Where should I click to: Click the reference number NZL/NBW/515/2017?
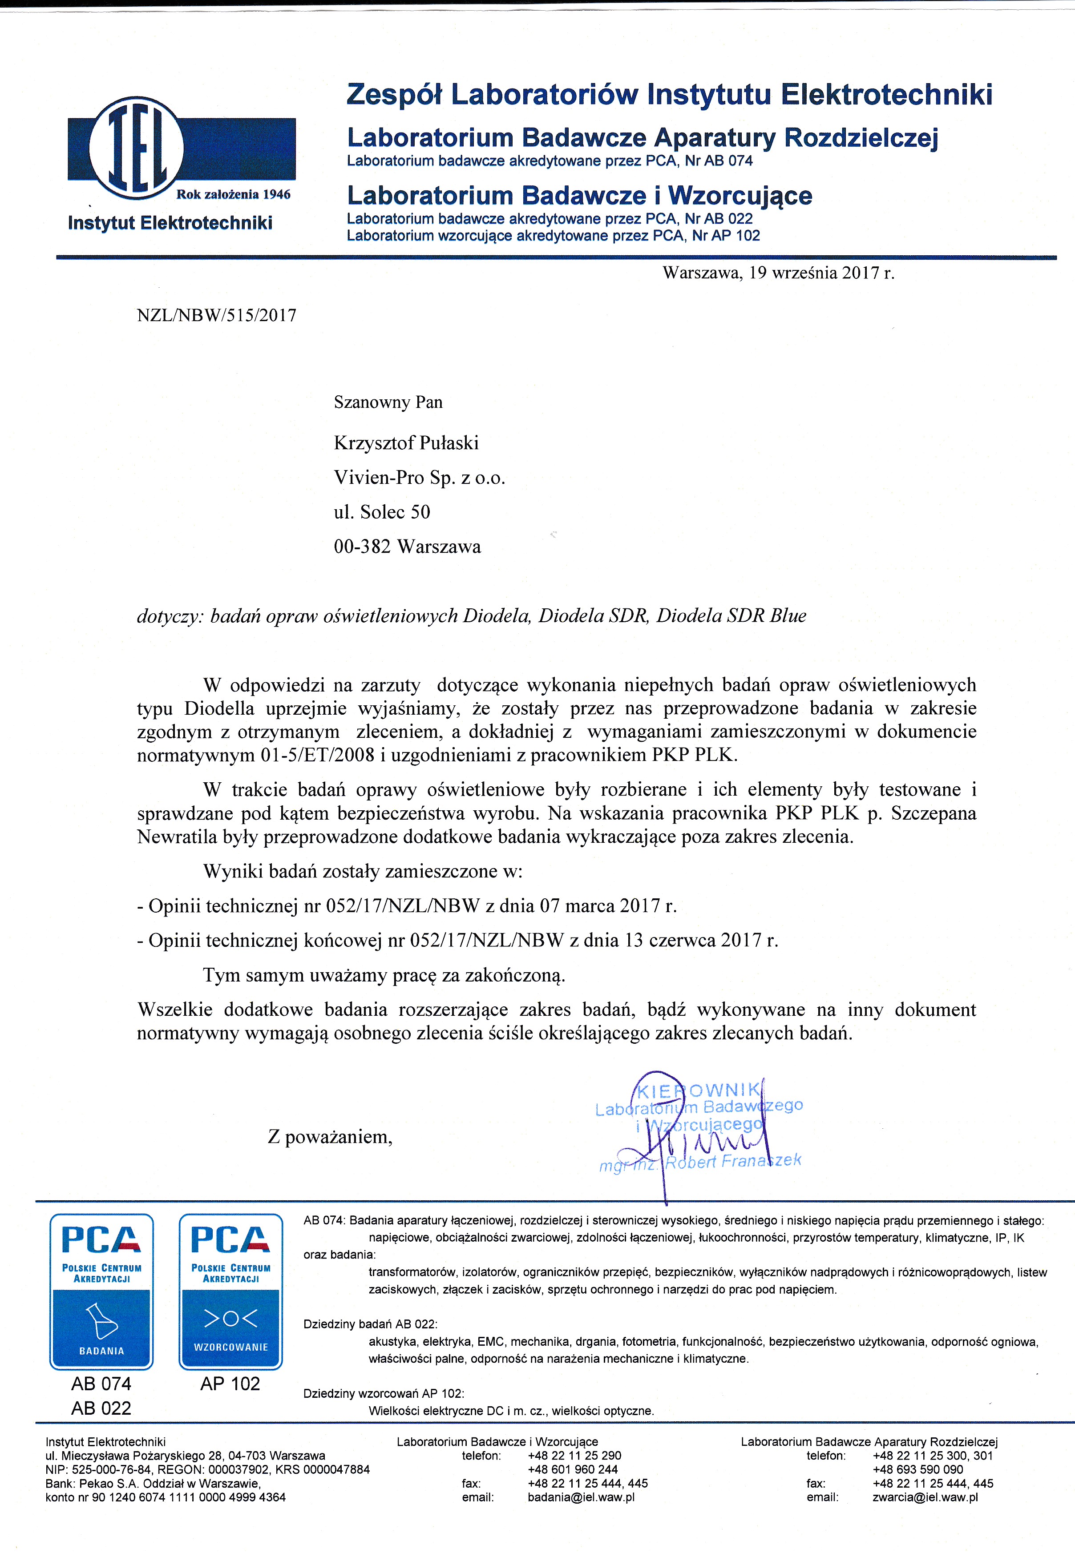tap(216, 316)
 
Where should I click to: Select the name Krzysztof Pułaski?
tap(406, 443)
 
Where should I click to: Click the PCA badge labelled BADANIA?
tap(102, 1291)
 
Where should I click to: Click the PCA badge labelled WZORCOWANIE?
tap(230, 1291)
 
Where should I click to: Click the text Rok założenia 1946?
tap(233, 194)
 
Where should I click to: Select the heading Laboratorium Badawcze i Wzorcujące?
tap(579, 196)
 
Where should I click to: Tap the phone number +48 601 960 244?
tap(573, 1469)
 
